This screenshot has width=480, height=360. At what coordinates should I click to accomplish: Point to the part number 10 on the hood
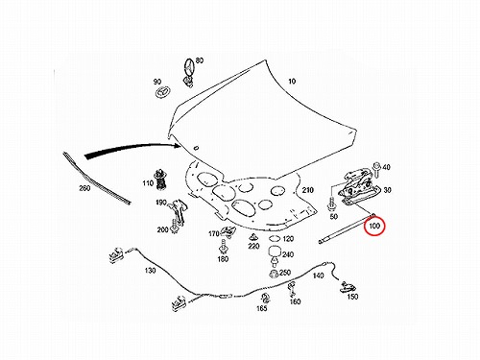coord(292,82)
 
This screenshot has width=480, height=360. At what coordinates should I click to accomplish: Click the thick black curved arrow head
coord(177,146)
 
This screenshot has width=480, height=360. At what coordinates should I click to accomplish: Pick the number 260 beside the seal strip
coord(84,188)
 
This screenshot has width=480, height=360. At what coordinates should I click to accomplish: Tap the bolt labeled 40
coord(376,169)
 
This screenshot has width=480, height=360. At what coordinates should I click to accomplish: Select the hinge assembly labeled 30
coord(358,187)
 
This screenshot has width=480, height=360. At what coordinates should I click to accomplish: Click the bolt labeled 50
coord(331,204)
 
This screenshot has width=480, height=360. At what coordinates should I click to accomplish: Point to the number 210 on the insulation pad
coord(307,190)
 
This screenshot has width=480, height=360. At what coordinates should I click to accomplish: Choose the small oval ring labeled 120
coord(275,238)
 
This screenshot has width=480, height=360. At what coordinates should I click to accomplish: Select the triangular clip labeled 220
coord(253,237)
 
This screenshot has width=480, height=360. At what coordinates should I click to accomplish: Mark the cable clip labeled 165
coord(265,299)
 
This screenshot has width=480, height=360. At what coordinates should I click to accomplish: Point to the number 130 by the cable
coord(150,271)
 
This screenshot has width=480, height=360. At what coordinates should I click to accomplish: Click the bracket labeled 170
coord(228,231)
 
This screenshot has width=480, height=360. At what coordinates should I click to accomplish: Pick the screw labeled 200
coord(175,226)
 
